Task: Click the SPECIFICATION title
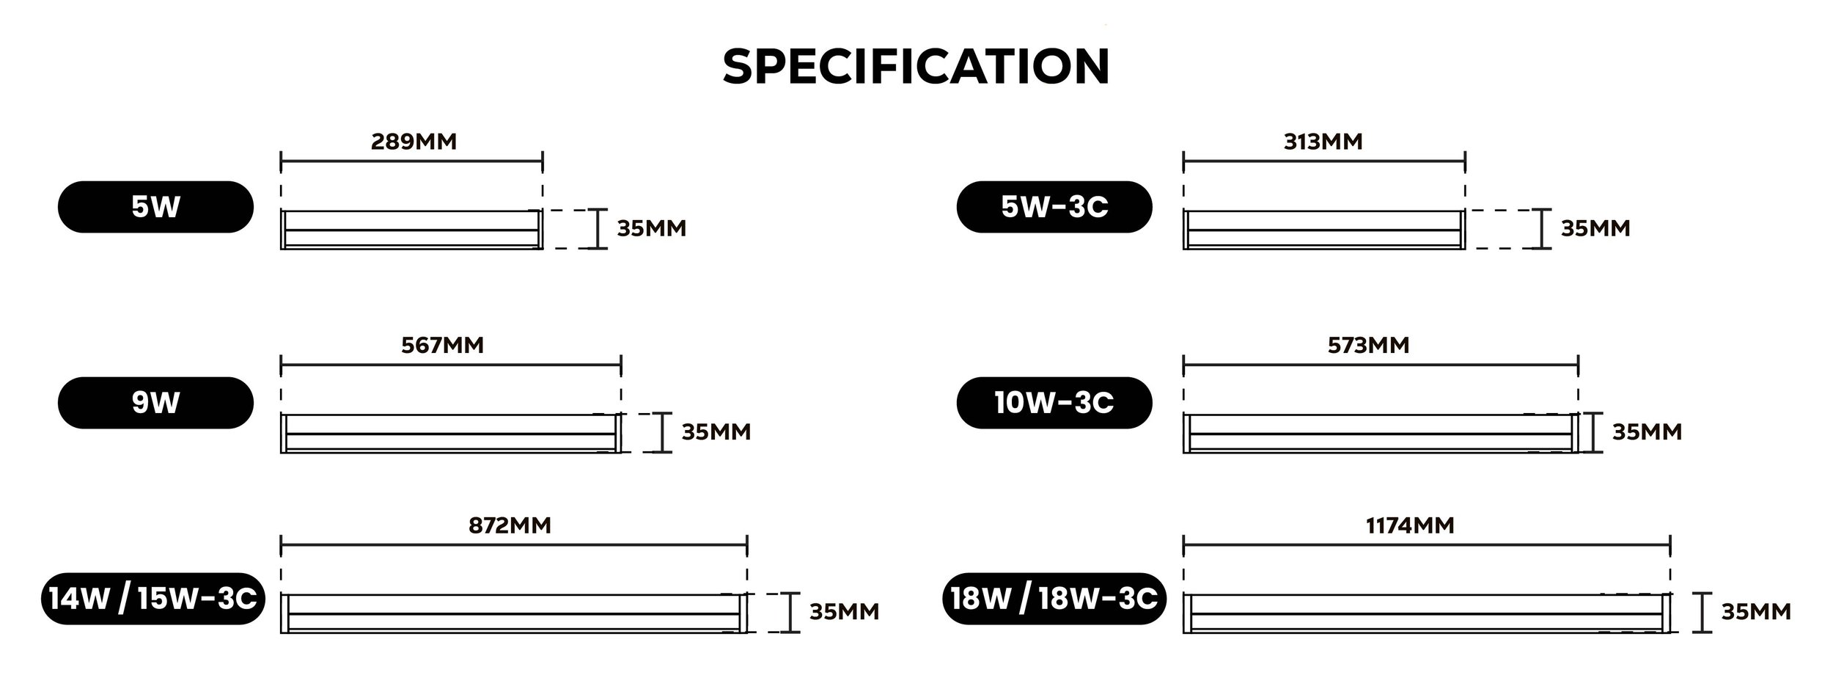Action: click(x=916, y=67)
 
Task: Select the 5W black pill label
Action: click(x=155, y=207)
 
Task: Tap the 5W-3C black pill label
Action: click(x=1054, y=207)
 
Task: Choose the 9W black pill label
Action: click(x=155, y=403)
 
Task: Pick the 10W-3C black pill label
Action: click(x=1054, y=403)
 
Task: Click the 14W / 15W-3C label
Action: click(x=153, y=599)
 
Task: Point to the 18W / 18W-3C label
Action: click(x=1054, y=599)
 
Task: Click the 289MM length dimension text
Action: click(x=414, y=141)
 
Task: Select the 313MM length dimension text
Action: click(x=1323, y=141)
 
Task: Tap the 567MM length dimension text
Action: click(x=443, y=345)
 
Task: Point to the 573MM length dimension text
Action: click(x=1368, y=345)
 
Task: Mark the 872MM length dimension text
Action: click(x=510, y=525)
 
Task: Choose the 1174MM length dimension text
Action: click(x=1411, y=525)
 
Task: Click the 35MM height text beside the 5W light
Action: click(x=651, y=228)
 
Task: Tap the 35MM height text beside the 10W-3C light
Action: click(x=1647, y=431)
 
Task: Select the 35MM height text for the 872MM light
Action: click(x=844, y=612)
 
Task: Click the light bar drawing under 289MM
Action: click(x=411, y=230)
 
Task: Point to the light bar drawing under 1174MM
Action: click(x=1427, y=613)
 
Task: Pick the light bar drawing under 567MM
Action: click(x=451, y=433)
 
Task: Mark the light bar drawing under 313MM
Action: click(x=1324, y=230)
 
